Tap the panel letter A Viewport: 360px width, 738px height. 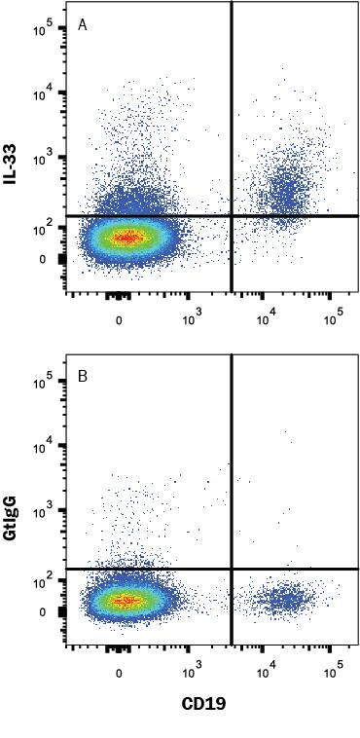[83, 24]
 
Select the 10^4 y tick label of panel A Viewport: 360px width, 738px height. [44, 93]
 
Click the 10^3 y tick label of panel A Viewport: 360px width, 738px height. [44, 157]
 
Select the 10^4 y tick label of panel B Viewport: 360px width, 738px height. [44, 446]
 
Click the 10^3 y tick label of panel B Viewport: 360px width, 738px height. [44, 510]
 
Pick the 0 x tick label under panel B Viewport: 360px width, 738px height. [120, 672]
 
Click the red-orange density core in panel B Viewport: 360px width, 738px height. [125, 601]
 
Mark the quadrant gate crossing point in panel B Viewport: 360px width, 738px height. [232, 569]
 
